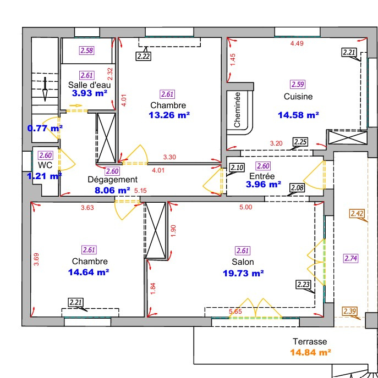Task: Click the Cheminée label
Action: click(237, 110)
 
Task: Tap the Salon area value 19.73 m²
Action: click(243, 273)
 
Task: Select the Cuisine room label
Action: click(298, 97)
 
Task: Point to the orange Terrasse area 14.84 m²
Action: click(310, 352)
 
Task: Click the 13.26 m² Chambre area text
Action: click(169, 115)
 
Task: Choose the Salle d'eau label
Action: click(89, 85)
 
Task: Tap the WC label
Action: click(45, 165)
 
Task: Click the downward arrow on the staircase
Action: click(45, 89)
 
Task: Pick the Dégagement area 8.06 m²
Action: click(112, 190)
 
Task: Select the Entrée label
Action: click(262, 176)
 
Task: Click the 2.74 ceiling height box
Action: click(350, 258)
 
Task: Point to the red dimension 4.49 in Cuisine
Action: click(297, 43)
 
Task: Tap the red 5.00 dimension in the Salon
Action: click(246, 207)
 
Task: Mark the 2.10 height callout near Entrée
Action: click(237, 168)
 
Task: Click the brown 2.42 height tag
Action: click(357, 214)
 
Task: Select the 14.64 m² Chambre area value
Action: click(89, 272)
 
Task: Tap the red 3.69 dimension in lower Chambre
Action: click(36, 259)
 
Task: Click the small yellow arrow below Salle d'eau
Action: click(76, 105)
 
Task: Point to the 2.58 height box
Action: click(86, 51)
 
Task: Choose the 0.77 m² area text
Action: click(45, 128)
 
